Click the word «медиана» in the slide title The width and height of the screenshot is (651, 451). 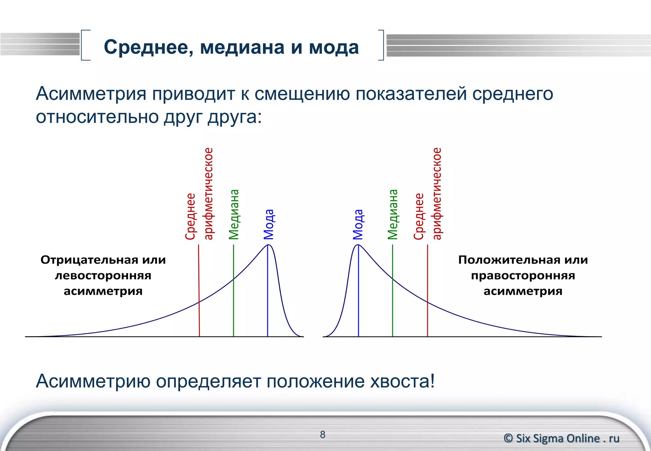pyautogui.click(x=242, y=48)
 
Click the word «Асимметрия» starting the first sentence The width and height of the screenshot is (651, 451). pyautogui.click(x=91, y=94)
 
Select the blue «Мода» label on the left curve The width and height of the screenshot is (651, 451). pyautogui.click(x=269, y=224)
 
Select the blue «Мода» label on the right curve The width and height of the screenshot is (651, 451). pyautogui.click(x=358, y=224)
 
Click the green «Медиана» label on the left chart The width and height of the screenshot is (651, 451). pyautogui.click(x=234, y=214)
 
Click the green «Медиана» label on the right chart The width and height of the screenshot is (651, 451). pyautogui.click(x=393, y=214)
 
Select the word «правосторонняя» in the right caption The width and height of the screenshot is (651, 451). pyautogui.click(x=523, y=275)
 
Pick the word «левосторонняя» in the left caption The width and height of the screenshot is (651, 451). pyautogui.click(x=103, y=275)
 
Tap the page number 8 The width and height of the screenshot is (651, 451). pyautogui.click(x=323, y=434)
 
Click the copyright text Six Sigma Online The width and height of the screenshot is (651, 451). pyautogui.click(x=561, y=438)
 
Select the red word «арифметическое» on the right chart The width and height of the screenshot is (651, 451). pyautogui.click(x=437, y=193)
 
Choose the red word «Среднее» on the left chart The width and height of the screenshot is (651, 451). pyautogui.click(x=190, y=216)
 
